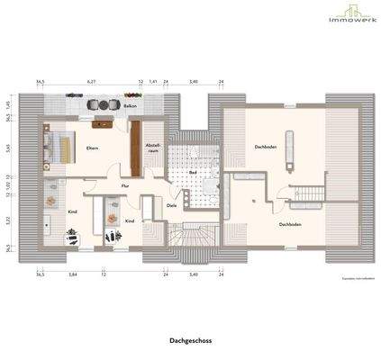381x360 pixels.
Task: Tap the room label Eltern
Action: [91, 148]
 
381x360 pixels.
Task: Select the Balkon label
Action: [132, 106]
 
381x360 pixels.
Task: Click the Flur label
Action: [125, 185]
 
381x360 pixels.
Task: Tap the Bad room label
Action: [193, 172]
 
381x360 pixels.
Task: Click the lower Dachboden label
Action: [289, 224]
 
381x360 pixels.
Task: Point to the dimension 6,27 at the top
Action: [91, 82]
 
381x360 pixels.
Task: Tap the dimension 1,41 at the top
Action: [154, 82]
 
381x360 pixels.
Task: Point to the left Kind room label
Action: [72, 211]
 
